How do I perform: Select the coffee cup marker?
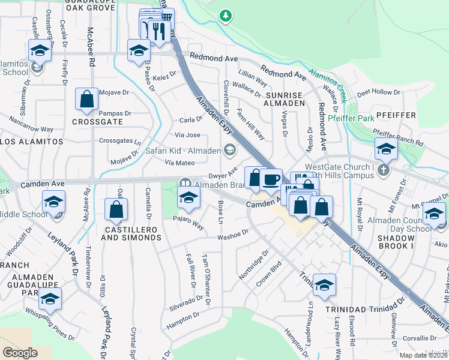tap(271, 179)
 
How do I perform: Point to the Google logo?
tap(20, 353)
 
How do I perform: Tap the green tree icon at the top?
tap(226, 16)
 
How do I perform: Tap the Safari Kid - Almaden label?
tap(184, 151)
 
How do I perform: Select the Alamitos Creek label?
tap(328, 83)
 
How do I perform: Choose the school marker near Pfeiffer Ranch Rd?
tap(385, 149)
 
